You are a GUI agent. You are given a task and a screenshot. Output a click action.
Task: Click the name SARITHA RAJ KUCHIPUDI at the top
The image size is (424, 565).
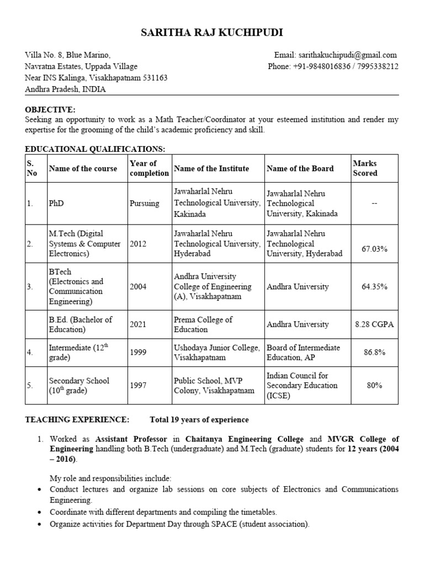click(x=212, y=33)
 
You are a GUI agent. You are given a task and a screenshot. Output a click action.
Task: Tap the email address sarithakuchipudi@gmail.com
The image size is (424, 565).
click(x=347, y=55)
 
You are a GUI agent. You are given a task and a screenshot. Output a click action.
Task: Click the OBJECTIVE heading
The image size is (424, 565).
click(x=50, y=110)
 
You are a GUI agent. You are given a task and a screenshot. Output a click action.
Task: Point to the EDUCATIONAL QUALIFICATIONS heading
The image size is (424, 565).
click(x=95, y=149)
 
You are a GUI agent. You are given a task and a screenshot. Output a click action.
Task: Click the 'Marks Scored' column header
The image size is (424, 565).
click(x=365, y=168)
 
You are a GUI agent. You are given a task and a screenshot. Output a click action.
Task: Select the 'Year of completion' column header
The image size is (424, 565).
click(x=149, y=168)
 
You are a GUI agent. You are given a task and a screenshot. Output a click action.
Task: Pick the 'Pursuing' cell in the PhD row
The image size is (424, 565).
click(x=145, y=204)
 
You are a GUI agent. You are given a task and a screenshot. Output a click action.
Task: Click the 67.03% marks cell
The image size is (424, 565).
click(x=374, y=249)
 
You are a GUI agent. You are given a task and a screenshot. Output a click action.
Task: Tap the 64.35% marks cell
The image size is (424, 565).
click(x=374, y=287)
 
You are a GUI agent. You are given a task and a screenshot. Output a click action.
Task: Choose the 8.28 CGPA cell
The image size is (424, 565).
click(x=374, y=324)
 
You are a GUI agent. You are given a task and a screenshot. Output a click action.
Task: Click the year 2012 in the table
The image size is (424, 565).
click(x=138, y=244)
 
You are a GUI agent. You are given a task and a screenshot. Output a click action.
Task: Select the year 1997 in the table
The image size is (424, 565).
click(x=138, y=386)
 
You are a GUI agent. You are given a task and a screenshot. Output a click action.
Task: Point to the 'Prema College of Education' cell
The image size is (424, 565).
click(x=203, y=324)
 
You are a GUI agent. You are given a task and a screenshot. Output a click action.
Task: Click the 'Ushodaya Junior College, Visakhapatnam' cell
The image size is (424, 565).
click(x=216, y=353)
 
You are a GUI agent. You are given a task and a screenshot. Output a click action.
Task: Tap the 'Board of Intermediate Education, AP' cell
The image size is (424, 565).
click(x=303, y=353)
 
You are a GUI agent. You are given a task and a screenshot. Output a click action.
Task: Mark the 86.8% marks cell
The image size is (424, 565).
click(x=374, y=353)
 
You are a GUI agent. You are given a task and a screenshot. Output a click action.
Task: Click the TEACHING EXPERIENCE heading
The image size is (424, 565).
click(x=77, y=420)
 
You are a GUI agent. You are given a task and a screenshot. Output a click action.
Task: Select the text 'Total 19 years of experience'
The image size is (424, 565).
click(x=199, y=420)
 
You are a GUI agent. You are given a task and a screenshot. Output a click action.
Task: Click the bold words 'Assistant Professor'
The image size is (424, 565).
click(x=130, y=439)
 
